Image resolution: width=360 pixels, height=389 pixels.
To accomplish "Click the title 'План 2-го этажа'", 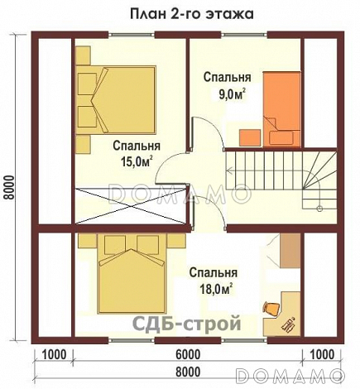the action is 191,14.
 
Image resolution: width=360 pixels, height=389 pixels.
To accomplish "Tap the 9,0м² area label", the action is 232,95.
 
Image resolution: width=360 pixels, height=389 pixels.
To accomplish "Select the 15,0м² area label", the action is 137,161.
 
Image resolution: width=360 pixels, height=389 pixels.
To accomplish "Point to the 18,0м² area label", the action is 214,289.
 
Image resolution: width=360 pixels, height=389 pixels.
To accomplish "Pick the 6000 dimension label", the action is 188,355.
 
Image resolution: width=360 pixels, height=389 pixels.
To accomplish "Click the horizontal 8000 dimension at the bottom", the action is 188,372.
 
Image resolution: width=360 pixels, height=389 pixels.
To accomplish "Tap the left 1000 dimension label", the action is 55,355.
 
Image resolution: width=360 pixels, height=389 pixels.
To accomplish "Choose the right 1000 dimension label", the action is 322,355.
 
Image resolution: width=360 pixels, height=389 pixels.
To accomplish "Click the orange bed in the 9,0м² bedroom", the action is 281,109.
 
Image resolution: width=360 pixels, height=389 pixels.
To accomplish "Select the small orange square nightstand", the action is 250,137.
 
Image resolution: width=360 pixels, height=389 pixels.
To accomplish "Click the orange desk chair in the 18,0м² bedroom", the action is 271,308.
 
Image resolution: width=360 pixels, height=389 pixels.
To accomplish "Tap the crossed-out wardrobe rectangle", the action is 130,206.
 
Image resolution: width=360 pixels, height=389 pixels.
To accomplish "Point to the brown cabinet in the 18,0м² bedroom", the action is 290,251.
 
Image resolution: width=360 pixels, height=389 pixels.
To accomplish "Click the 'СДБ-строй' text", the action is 187,323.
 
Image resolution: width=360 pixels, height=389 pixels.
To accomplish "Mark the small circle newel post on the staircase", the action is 319,209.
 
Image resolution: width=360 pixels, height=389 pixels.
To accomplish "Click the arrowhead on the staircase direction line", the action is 228,170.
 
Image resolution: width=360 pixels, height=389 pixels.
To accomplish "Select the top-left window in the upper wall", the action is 131,35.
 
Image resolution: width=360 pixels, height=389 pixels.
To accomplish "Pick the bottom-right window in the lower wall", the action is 245,340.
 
